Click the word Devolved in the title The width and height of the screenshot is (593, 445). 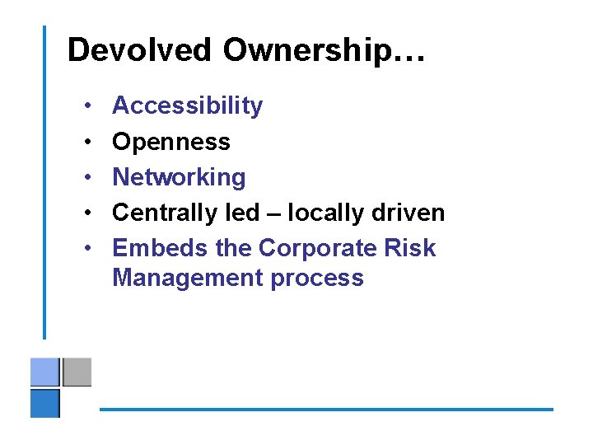coord(141,50)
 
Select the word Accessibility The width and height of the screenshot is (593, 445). coord(187,105)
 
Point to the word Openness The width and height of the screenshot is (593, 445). coord(171,142)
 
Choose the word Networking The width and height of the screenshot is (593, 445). coord(179,177)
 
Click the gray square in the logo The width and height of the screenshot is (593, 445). coord(77,372)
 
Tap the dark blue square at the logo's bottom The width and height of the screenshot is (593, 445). coord(45,403)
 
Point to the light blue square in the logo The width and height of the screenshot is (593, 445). coord(45,372)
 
